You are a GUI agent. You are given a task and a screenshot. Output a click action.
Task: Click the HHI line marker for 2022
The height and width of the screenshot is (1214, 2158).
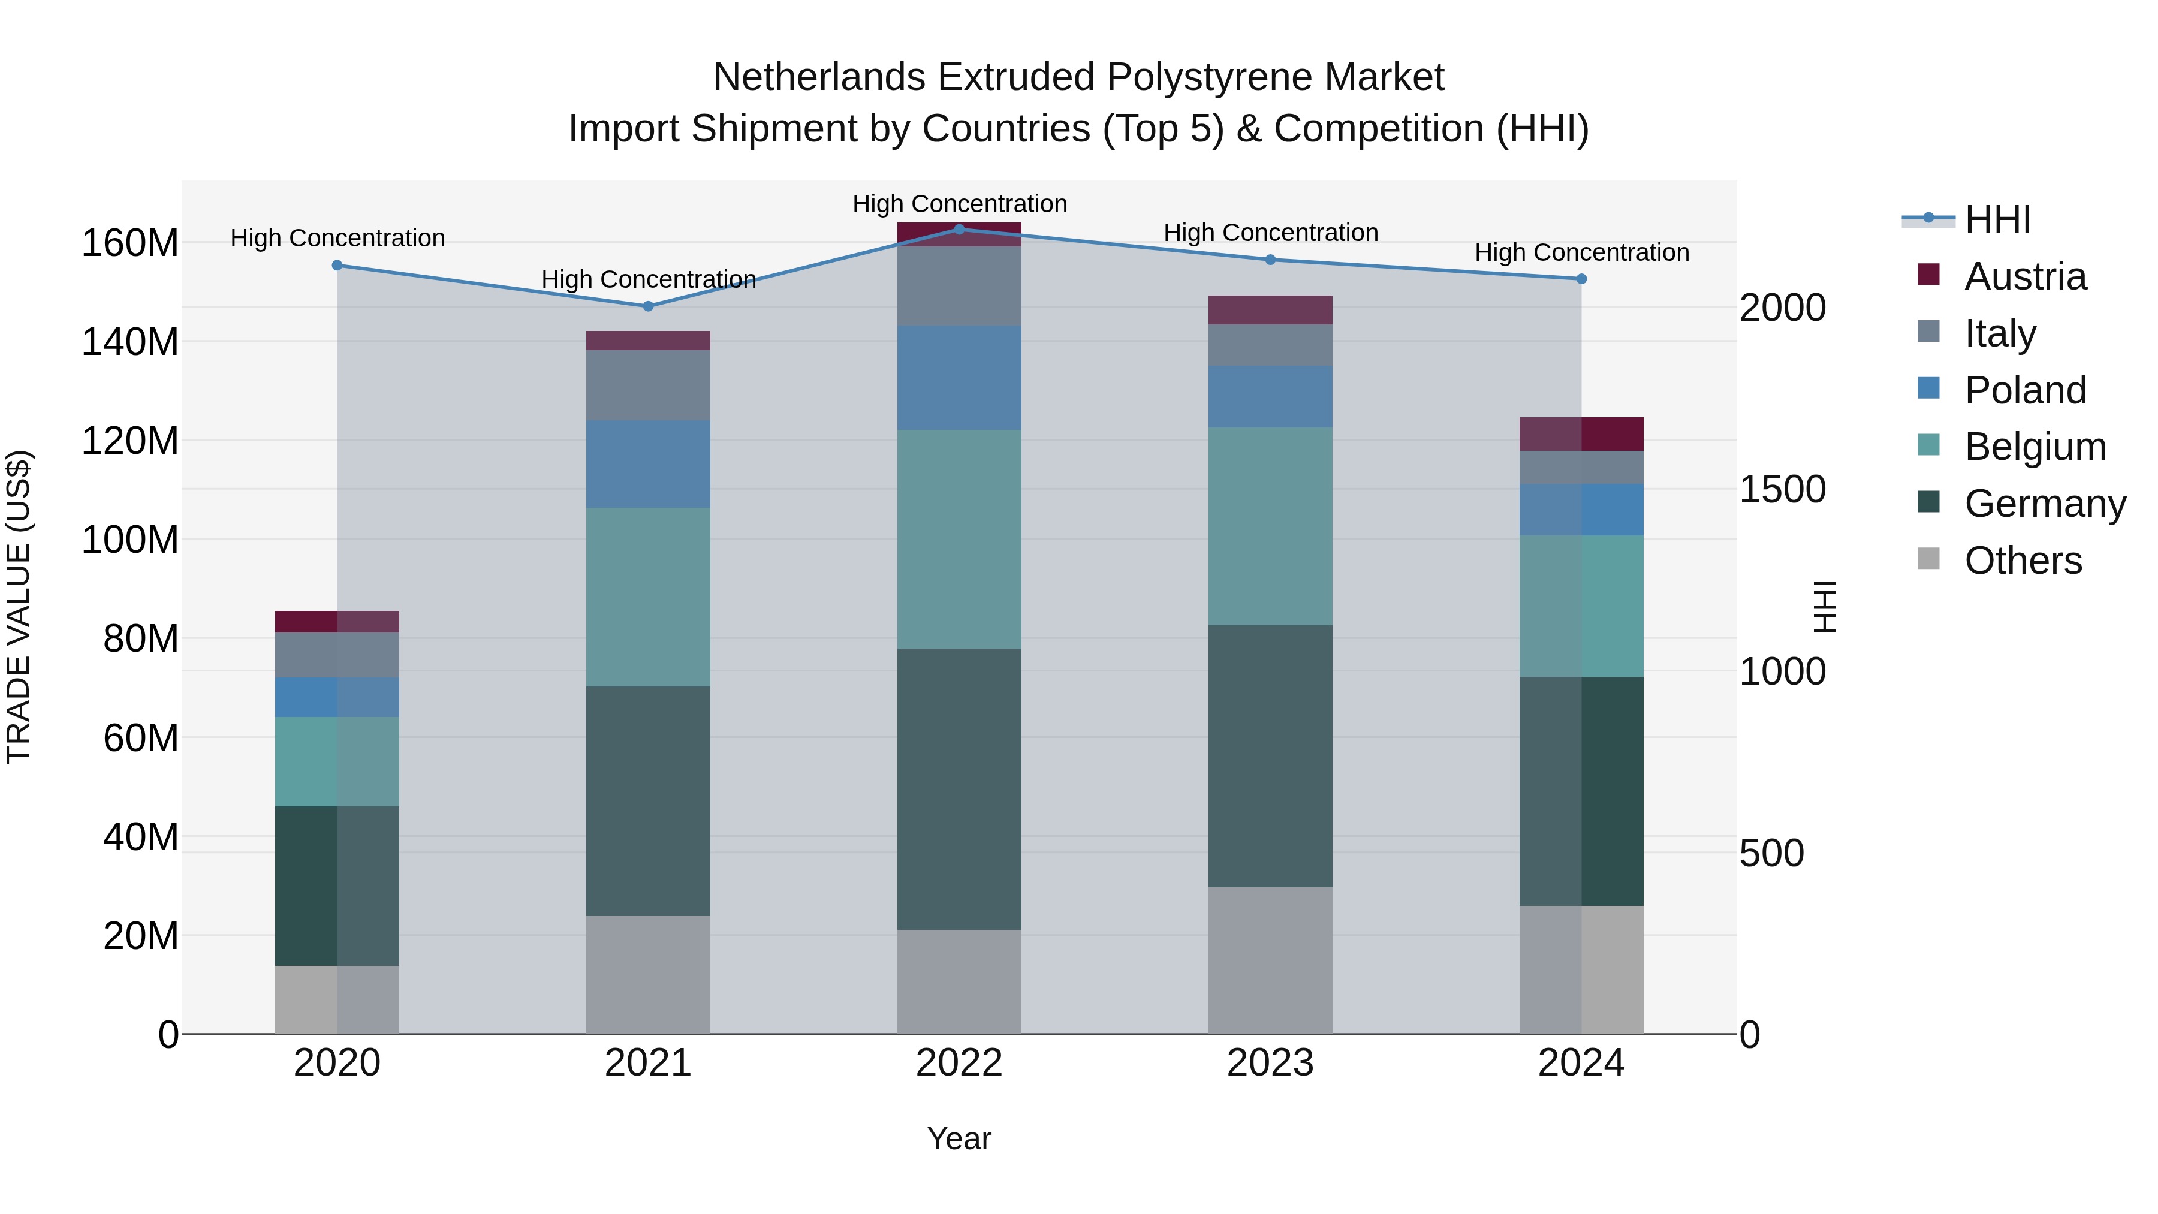(x=959, y=229)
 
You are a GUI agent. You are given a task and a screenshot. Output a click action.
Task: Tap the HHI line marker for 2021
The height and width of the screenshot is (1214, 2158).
(x=647, y=306)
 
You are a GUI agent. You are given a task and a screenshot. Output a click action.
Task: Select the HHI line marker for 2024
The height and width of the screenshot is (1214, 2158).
(x=1581, y=279)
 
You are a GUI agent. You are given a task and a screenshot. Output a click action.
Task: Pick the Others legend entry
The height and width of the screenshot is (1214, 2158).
(x=2023, y=561)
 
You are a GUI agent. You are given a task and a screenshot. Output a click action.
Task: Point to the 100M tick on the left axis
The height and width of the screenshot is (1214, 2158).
(x=130, y=540)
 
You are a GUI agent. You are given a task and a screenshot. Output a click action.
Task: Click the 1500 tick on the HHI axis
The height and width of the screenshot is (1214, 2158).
(x=1782, y=489)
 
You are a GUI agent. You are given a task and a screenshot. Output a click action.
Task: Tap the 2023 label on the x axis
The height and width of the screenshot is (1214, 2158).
(x=1270, y=1063)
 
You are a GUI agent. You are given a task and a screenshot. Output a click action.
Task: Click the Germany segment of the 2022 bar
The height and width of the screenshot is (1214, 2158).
(x=959, y=788)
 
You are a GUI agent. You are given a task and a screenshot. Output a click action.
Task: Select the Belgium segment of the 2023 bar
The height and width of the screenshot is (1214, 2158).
(x=1270, y=526)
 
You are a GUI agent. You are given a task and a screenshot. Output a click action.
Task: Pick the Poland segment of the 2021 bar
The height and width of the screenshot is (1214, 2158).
(x=647, y=463)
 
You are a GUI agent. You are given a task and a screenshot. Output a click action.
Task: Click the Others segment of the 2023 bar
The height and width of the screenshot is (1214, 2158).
(x=1270, y=960)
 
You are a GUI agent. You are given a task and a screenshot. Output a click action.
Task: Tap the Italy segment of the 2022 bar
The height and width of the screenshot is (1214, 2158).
(x=959, y=286)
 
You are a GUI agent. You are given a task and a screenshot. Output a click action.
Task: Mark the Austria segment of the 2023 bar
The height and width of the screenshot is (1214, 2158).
(x=1270, y=310)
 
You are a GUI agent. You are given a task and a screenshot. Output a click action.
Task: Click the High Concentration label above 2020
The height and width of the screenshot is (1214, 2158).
(x=337, y=238)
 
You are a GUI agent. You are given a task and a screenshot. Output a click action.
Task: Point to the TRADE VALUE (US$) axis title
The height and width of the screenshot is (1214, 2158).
(x=19, y=607)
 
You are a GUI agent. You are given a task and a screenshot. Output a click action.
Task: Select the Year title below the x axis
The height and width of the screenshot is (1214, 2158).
(x=959, y=1138)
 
